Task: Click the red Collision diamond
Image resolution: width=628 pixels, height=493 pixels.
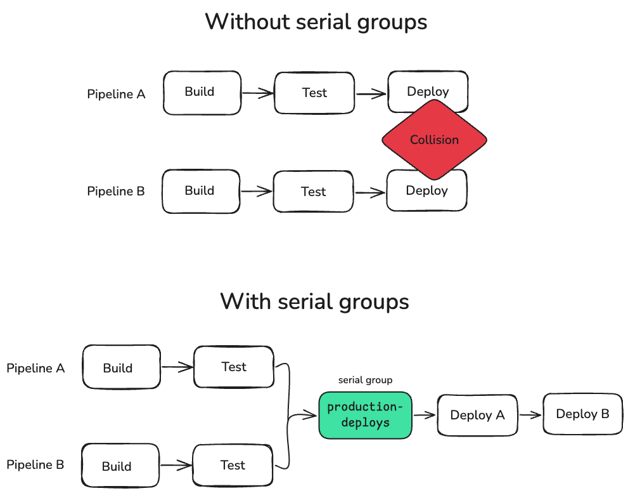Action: [x=434, y=140]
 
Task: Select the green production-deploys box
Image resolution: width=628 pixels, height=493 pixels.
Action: [x=365, y=415]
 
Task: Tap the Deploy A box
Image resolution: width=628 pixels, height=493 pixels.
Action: [x=477, y=415]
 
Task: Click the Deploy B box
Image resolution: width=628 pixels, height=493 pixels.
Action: [x=582, y=414]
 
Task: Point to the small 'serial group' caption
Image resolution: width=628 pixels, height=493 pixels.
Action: [x=365, y=380]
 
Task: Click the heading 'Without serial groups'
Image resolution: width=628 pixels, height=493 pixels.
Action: [x=316, y=22]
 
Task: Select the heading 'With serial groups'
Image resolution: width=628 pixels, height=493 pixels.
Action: [x=314, y=301]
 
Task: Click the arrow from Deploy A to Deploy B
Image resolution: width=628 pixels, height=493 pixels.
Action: [x=530, y=415]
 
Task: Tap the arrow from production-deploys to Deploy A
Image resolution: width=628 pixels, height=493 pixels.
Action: [x=425, y=415]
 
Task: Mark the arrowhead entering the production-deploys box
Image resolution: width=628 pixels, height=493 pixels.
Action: [x=312, y=416]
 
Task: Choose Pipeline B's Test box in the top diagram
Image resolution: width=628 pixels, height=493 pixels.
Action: [x=313, y=192]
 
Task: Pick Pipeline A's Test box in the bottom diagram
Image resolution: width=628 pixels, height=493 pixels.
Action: [x=233, y=367]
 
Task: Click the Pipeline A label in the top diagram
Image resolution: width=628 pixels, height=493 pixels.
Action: [x=116, y=95]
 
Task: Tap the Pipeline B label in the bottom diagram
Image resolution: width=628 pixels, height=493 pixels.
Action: [x=35, y=465]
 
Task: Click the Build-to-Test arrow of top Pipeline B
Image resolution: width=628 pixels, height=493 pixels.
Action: [x=257, y=192]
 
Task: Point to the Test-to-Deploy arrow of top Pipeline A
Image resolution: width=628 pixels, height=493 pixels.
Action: [x=371, y=94]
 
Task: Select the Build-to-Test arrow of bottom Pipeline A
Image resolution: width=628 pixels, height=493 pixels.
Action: [x=177, y=366]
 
